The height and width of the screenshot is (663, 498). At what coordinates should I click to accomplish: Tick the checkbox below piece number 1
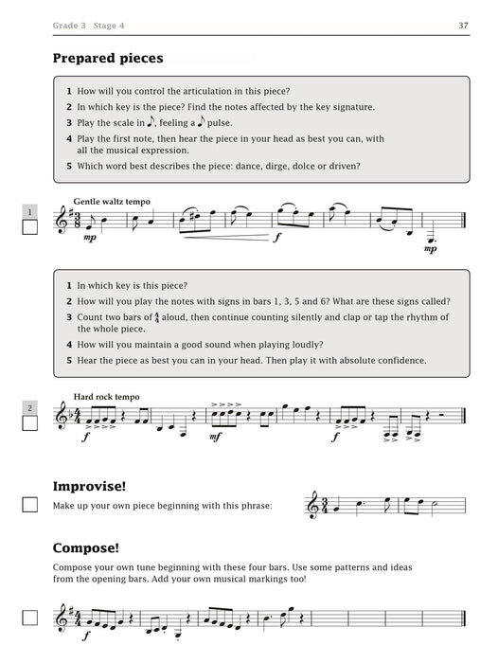pyautogui.click(x=30, y=228)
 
